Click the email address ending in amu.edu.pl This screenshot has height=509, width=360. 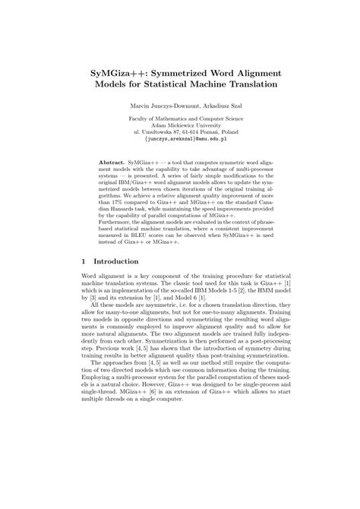[x=180, y=141]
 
